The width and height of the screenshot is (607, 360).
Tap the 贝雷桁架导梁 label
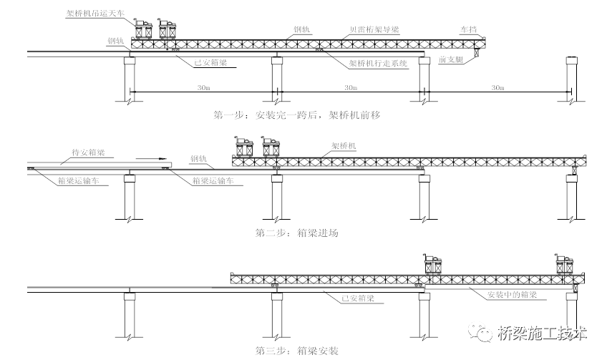(x=374, y=30)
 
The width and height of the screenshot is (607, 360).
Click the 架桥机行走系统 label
(x=377, y=63)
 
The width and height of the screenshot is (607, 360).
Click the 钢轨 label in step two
(x=200, y=158)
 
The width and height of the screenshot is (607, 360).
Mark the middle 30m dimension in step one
(x=350, y=87)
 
